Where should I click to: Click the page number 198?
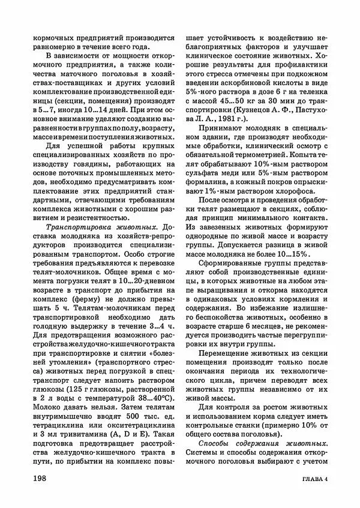43,478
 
